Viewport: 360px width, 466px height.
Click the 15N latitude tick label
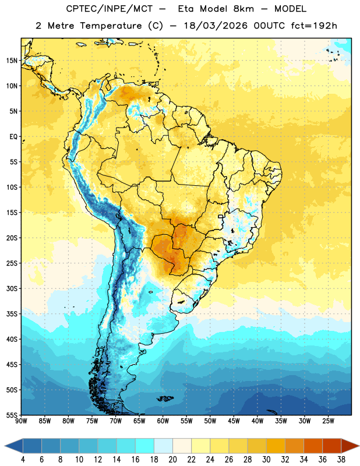[12, 61]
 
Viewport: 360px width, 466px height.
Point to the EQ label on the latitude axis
[13, 137]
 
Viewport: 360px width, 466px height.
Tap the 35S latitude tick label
[12, 314]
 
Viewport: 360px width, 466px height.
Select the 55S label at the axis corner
[12, 415]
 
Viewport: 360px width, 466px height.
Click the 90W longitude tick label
[21, 421]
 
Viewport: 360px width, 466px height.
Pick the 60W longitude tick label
[163, 421]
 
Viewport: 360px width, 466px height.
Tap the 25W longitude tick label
[328, 421]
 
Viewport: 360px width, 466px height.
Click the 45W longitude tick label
[234, 421]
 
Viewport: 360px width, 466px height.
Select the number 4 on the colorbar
[23, 460]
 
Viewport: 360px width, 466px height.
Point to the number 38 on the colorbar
[341, 460]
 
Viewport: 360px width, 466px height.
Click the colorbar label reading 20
[172, 460]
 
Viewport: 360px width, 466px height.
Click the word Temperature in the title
[111, 26]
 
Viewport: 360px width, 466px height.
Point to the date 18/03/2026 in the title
[216, 26]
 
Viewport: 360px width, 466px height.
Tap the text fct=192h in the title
[314, 26]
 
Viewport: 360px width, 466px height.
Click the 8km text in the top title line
[243, 9]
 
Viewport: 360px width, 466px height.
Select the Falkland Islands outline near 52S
[165, 398]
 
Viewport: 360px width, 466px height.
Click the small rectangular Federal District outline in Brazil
[221, 216]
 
